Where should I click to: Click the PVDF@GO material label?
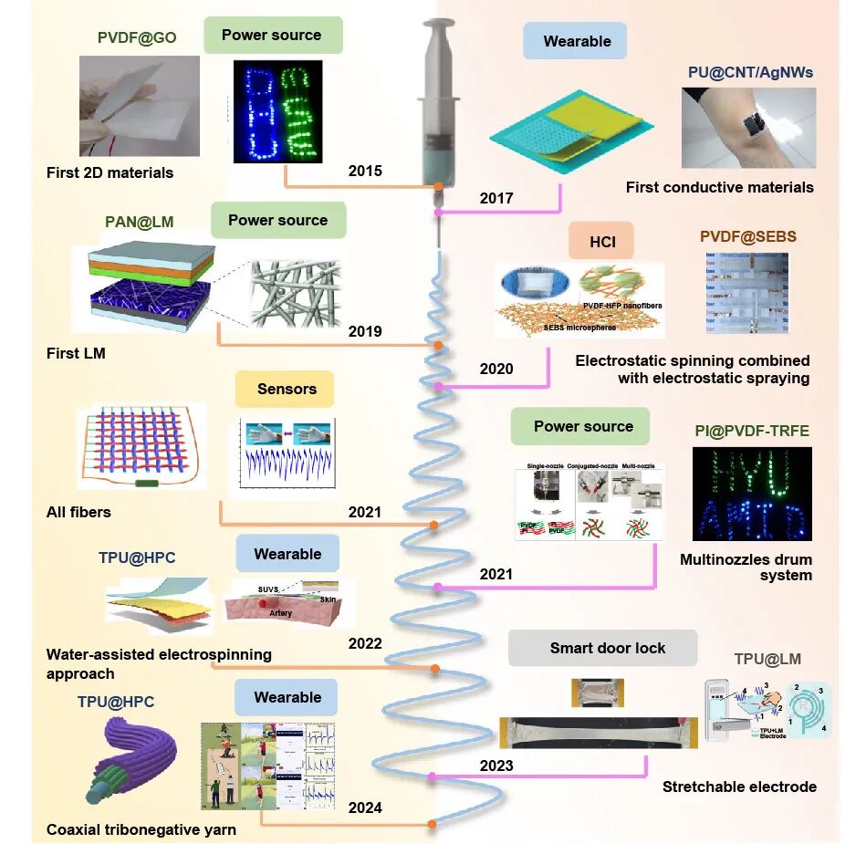[137, 38]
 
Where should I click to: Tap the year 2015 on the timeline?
[365, 172]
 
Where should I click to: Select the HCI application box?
[601, 241]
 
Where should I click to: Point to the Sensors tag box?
[287, 389]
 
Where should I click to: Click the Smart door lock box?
[607, 648]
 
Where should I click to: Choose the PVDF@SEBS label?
[748, 236]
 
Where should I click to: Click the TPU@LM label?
[768, 659]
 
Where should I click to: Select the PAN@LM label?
[140, 222]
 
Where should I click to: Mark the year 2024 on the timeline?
[365, 808]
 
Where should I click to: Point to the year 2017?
[496, 198]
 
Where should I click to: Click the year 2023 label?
[496, 766]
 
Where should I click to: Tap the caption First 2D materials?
[110, 172]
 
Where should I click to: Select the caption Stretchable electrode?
[739, 787]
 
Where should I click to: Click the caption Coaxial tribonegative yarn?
[141, 829]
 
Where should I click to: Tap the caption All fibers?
[78, 512]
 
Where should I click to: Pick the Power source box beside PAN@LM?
[277, 220]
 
